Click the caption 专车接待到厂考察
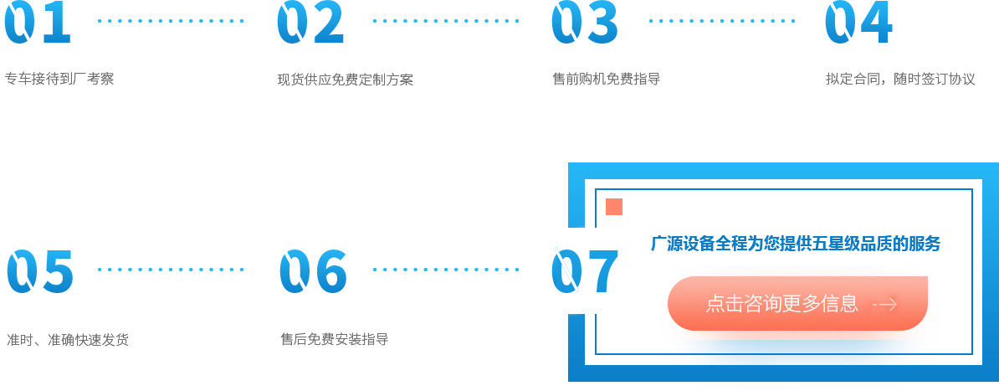click(x=59, y=80)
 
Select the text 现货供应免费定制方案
click(x=345, y=80)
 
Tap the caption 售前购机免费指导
click(x=606, y=80)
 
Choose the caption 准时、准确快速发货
click(x=68, y=340)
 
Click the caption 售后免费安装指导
click(x=334, y=340)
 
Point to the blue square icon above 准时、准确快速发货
click(x=40, y=270)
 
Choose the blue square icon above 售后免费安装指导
click(x=312, y=270)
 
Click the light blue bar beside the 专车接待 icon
click(x=171, y=19)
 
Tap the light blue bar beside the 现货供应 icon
click(x=449, y=19)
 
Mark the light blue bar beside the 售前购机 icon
click(x=722, y=23)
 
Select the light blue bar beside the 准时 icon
click(x=171, y=271)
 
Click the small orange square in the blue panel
click(x=613, y=206)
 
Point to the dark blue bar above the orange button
click(x=792, y=243)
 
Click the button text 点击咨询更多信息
click(x=781, y=304)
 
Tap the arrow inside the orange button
click(x=885, y=305)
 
